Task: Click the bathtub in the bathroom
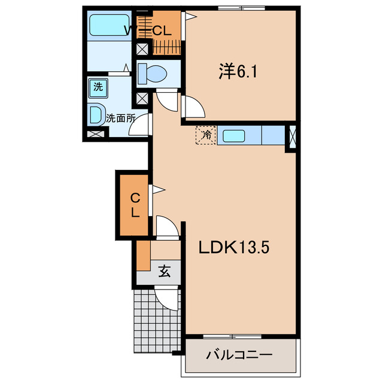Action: pos(110,25)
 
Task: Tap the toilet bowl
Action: pos(153,74)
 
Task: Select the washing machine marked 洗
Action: pos(98,88)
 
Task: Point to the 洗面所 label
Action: pos(120,118)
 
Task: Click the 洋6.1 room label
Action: pos(238,71)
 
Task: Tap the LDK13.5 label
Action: pos(234,247)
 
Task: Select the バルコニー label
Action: pos(239,355)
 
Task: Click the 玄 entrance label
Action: pos(165,271)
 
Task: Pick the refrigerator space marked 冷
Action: pos(206,135)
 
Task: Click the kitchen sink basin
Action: pos(234,136)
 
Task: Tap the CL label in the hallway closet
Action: pos(135,205)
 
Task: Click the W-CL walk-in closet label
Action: pos(148,31)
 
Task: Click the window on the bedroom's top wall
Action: pos(241,8)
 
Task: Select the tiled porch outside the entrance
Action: pos(157,321)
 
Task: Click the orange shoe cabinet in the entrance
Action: pos(143,256)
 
